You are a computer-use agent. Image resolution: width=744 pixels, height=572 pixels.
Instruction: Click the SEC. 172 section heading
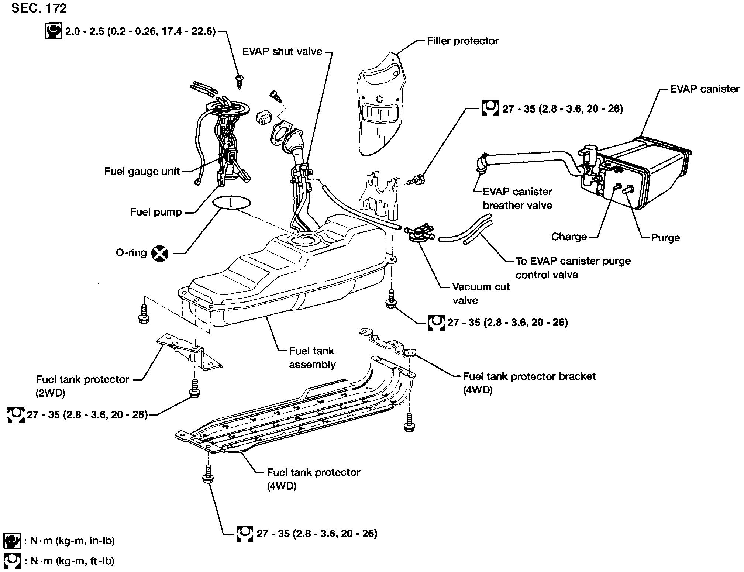click(x=39, y=8)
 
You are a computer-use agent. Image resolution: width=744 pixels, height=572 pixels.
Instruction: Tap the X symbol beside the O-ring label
click(x=160, y=254)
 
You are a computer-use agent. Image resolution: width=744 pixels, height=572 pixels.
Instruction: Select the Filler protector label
click(x=462, y=41)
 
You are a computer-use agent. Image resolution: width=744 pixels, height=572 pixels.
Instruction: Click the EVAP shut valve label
click(x=282, y=52)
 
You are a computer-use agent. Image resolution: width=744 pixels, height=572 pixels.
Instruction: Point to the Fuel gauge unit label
click(x=142, y=171)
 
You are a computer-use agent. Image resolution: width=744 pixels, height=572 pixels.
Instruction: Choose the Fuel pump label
click(x=156, y=212)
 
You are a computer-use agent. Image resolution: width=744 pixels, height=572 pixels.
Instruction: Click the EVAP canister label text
click(x=705, y=89)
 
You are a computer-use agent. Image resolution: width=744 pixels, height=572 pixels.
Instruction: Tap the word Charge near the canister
click(x=569, y=237)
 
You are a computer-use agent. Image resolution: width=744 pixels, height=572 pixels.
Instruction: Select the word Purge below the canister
click(x=665, y=238)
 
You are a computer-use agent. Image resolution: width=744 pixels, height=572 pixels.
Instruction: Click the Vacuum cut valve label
click(x=480, y=293)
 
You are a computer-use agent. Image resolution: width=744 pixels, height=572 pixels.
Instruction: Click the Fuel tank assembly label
click(x=312, y=357)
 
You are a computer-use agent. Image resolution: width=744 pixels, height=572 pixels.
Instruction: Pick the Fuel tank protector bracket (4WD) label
click(x=529, y=383)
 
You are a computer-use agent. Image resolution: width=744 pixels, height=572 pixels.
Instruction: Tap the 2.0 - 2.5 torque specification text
click(x=140, y=32)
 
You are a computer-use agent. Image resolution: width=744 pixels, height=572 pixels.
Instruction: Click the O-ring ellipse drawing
click(x=231, y=203)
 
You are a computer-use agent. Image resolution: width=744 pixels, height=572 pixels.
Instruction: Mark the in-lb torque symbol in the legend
click(x=11, y=541)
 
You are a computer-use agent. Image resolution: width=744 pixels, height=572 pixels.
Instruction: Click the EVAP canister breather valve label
click(x=517, y=199)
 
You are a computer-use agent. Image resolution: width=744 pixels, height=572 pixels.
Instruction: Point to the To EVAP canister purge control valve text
click(x=572, y=268)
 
